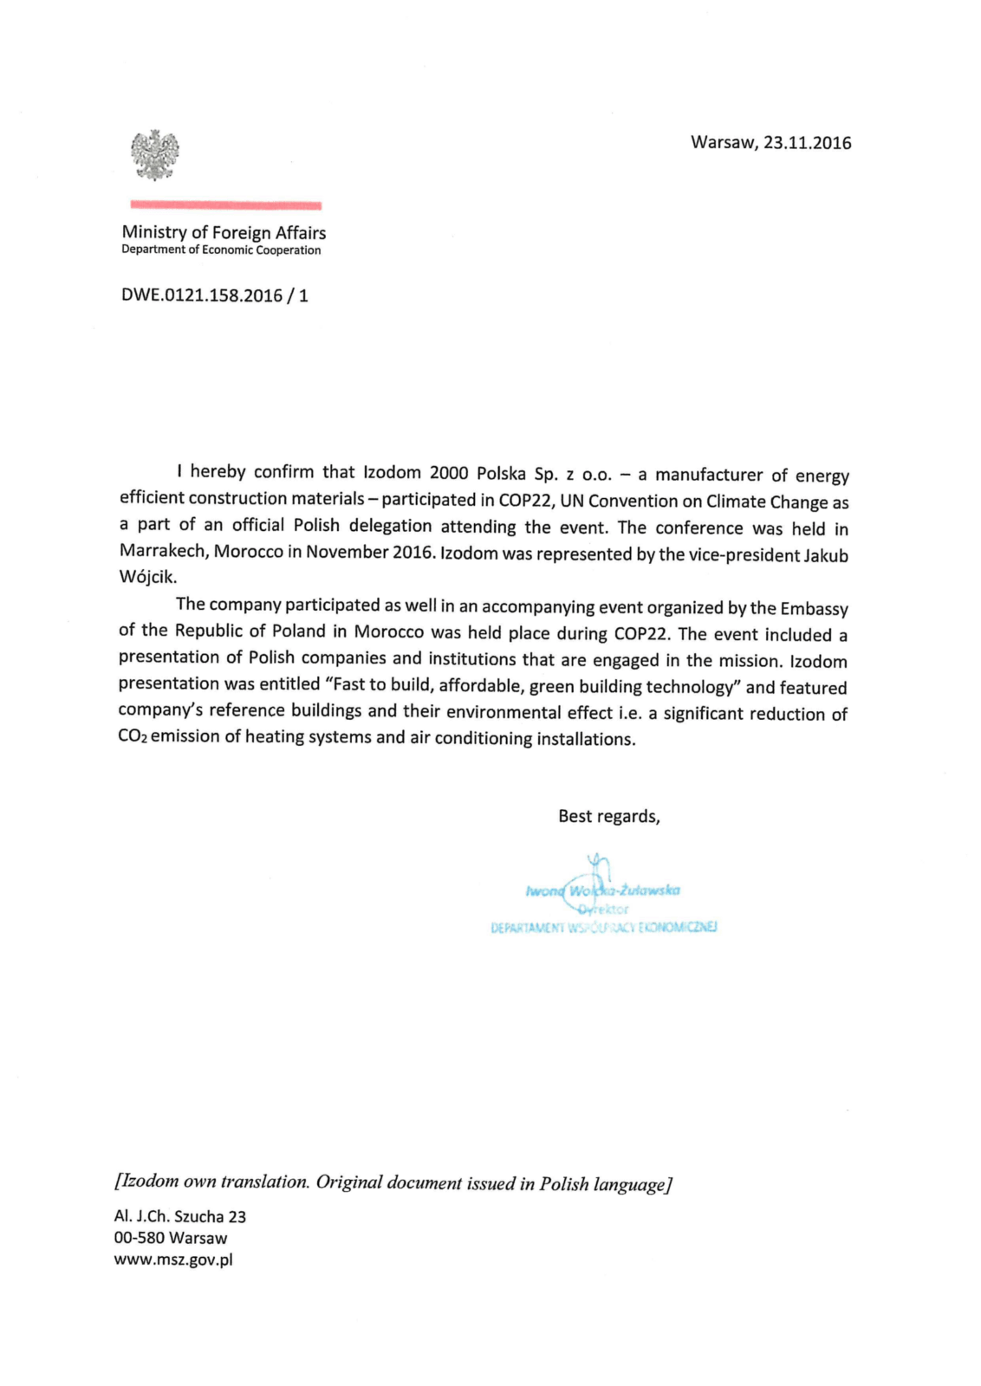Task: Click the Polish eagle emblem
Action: pyautogui.click(x=155, y=155)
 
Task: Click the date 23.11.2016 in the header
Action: pyautogui.click(x=807, y=143)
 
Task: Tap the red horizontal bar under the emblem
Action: pyautogui.click(x=225, y=205)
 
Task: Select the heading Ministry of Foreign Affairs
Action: pyautogui.click(x=224, y=232)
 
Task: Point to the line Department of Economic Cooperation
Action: pyautogui.click(x=221, y=250)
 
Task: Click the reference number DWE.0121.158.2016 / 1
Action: pyautogui.click(x=215, y=295)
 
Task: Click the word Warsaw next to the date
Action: pyautogui.click(x=723, y=143)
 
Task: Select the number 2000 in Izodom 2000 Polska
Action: pyautogui.click(x=449, y=473)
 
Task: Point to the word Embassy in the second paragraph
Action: pyautogui.click(x=814, y=608)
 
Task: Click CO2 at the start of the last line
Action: pyautogui.click(x=133, y=737)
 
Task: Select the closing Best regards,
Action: pyautogui.click(x=608, y=816)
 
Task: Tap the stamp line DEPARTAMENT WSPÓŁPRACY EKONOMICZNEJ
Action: pyautogui.click(x=603, y=928)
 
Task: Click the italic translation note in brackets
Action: pyautogui.click(x=393, y=1182)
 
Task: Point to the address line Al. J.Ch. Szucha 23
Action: pyautogui.click(x=180, y=1217)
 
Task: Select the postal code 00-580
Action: pyautogui.click(x=139, y=1239)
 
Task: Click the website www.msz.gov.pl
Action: pyautogui.click(x=173, y=1260)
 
